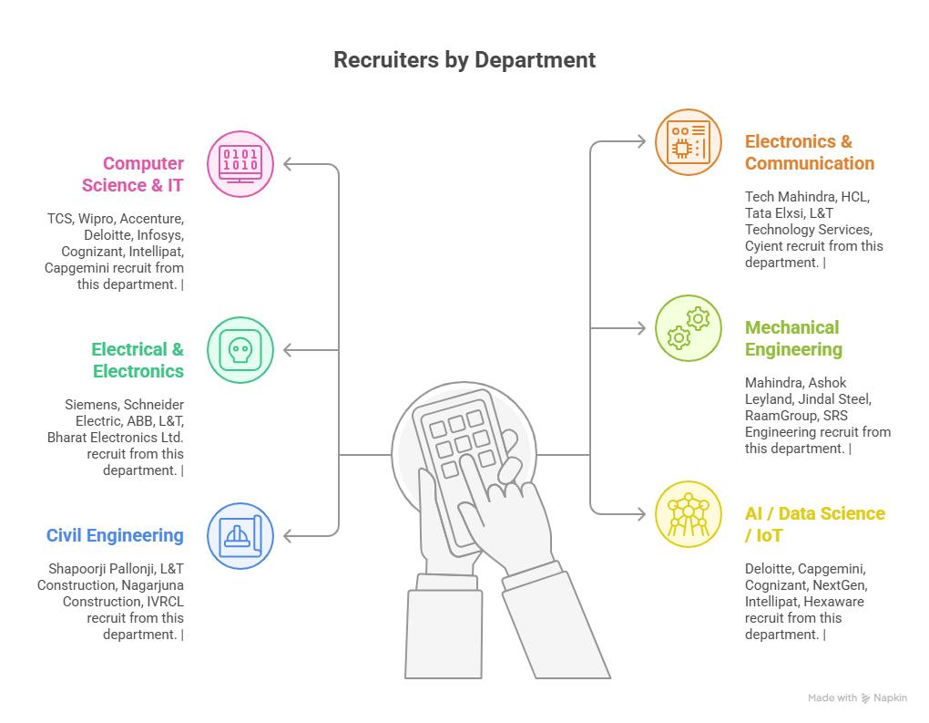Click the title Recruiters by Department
click(x=464, y=60)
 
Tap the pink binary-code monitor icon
click(x=240, y=164)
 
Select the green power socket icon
click(x=240, y=350)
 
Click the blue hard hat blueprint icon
click(x=240, y=536)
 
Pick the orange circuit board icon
click(x=689, y=142)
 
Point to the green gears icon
click(x=689, y=328)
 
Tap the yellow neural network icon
click(x=689, y=514)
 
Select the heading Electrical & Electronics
click(x=138, y=360)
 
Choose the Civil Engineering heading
click(x=115, y=535)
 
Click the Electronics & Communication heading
click(x=809, y=152)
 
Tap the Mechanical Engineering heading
click(x=792, y=338)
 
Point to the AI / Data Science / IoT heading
click(x=814, y=524)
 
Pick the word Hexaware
click(x=836, y=602)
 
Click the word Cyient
click(x=765, y=246)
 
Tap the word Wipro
click(x=97, y=219)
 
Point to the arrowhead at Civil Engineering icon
click(x=287, y=536)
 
